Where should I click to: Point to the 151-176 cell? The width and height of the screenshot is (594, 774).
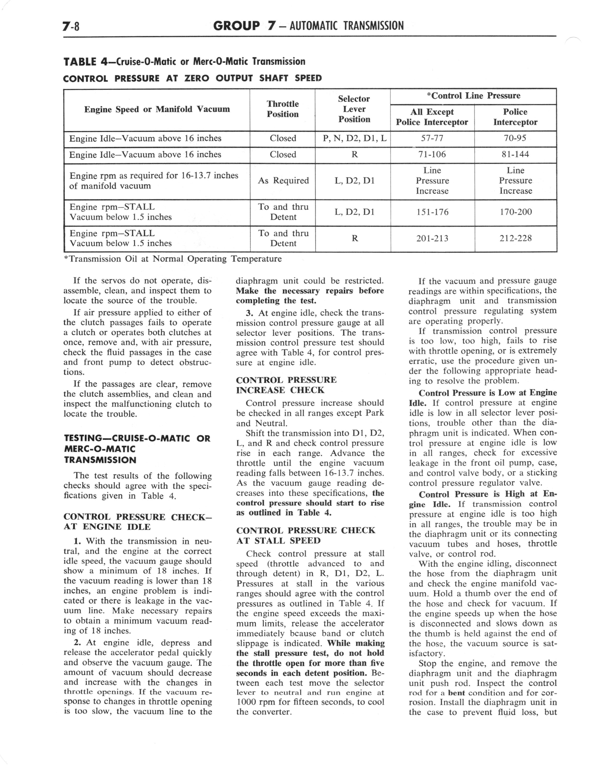(x=432, y=212)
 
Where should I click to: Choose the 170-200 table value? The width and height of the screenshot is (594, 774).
(x=515, y=212)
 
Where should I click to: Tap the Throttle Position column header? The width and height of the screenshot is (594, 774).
(x=282, y=109)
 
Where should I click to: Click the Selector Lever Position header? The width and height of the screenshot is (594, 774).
(x=354, y=109)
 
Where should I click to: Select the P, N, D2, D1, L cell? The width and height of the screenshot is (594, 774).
(x=354, y=138)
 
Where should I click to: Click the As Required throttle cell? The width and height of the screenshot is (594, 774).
(x=283, y=181)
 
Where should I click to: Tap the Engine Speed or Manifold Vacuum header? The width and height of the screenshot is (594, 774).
(x=157, y=109)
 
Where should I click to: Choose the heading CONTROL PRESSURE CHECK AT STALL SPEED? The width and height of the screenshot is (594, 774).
(x=305, y=535)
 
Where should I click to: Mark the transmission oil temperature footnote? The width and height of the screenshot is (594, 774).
(x=172, y=259)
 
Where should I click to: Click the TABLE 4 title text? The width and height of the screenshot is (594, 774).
(x=184, y=62)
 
